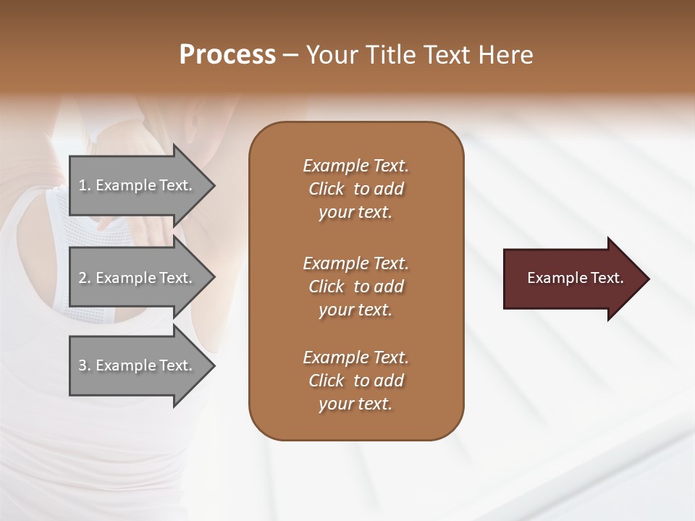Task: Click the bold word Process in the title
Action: pos(227,55)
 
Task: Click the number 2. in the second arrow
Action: pos(85,278)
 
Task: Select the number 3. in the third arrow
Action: pos(85,365)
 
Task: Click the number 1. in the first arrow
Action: pos(84,185)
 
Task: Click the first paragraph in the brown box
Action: pos(355,189)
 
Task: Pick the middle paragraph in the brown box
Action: pos(355,286)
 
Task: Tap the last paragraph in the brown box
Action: pos(355,381)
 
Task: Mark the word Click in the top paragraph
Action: pos(326,189)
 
